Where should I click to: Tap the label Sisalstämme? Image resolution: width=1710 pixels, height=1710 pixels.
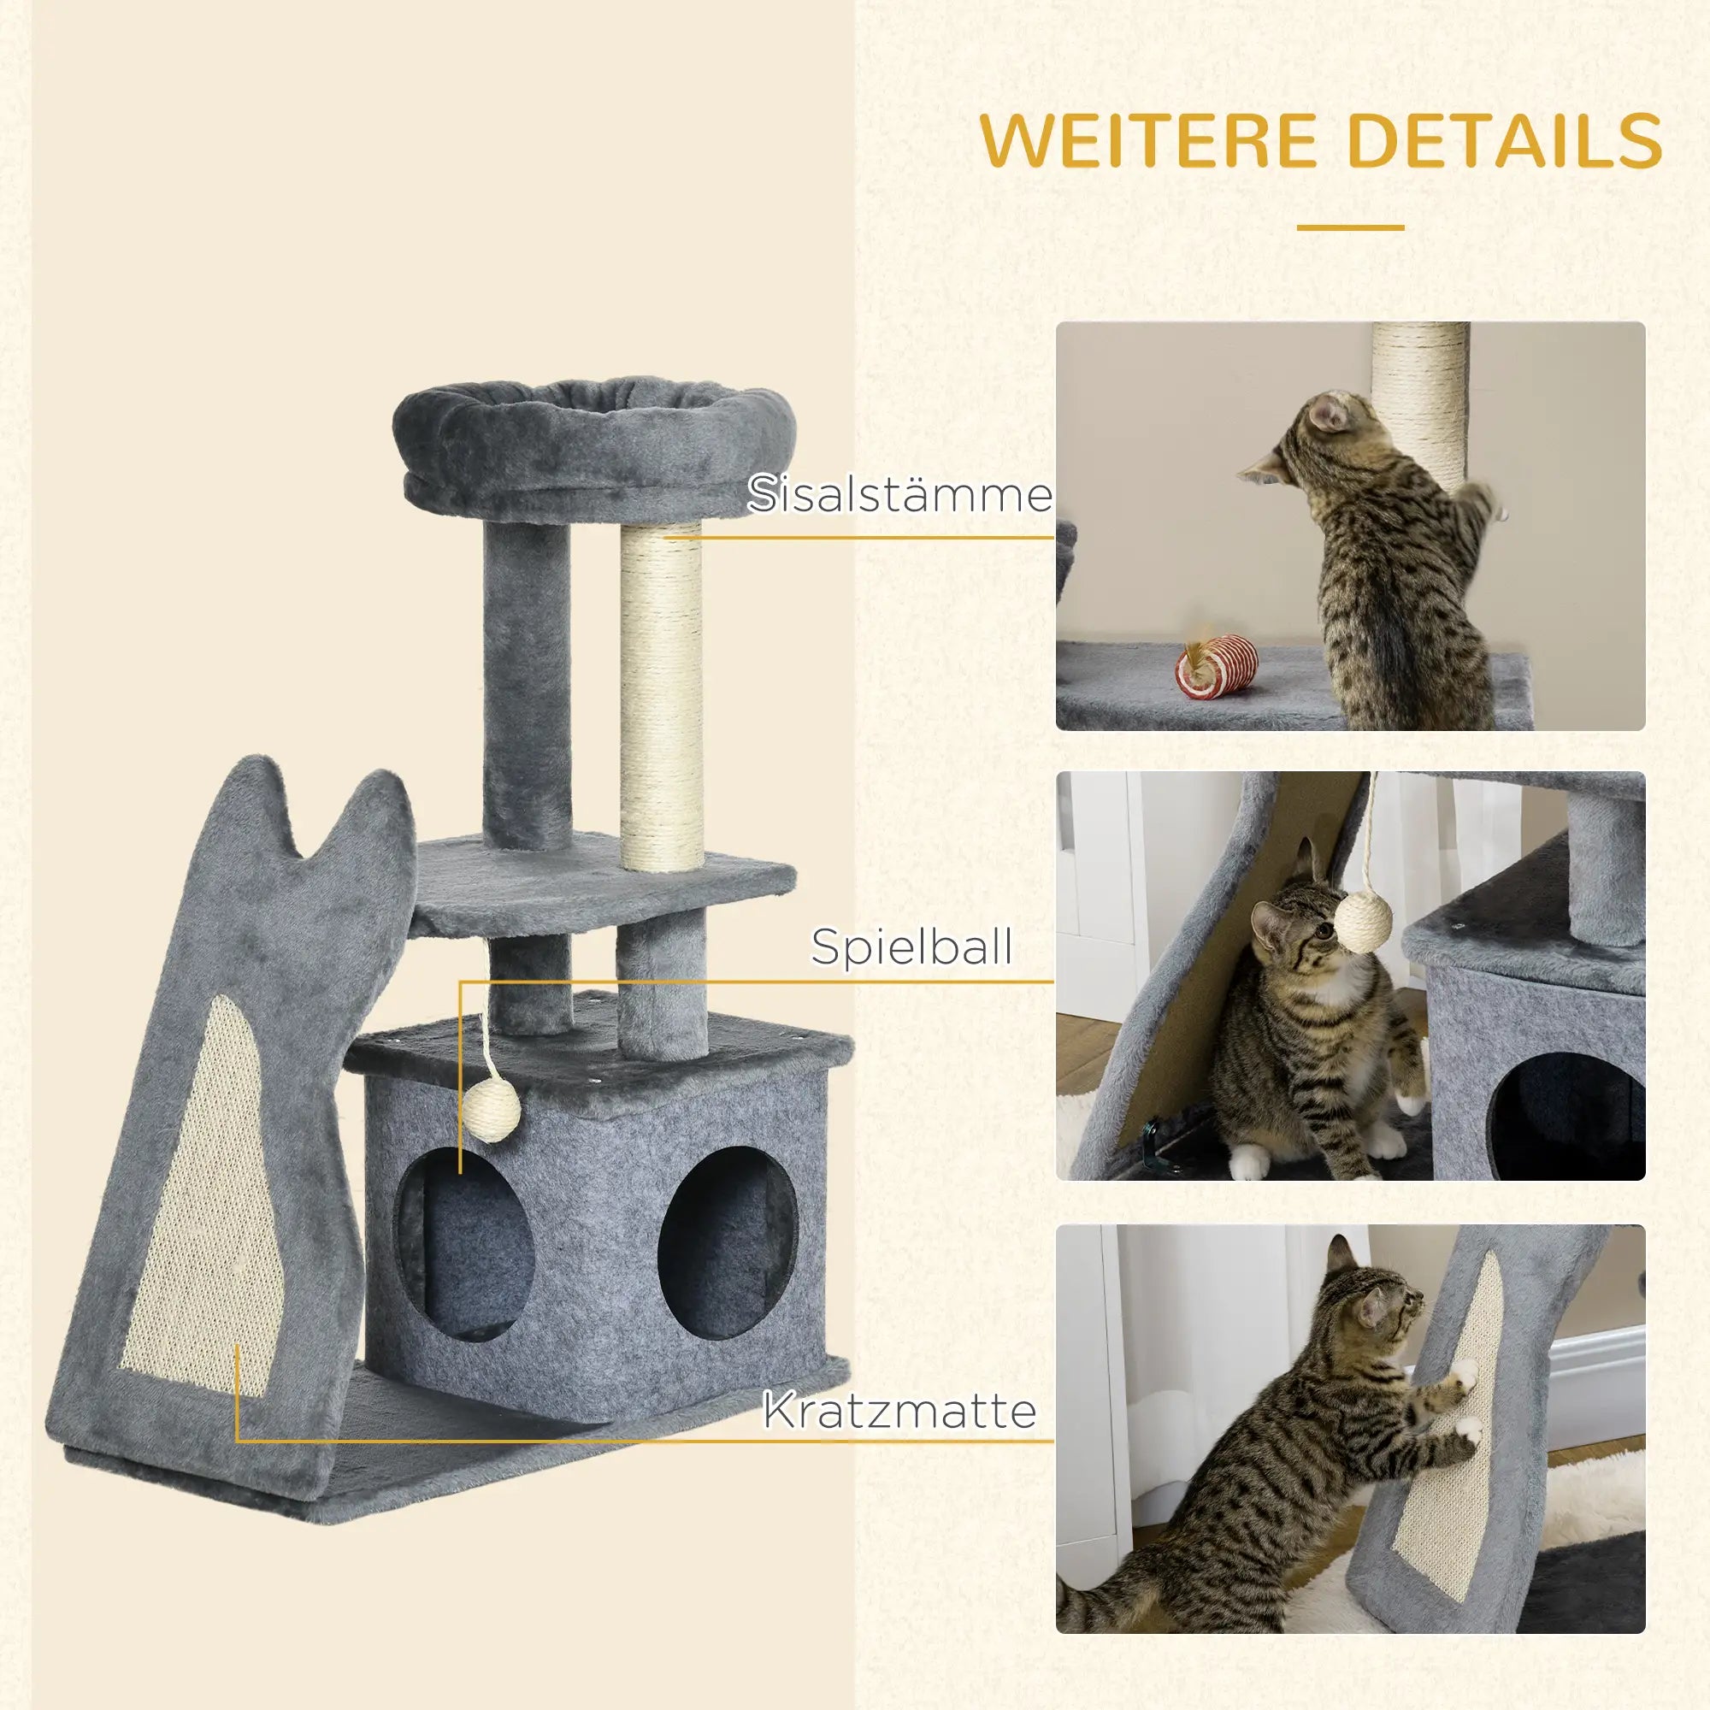pyautogui.click(x=899, y=494)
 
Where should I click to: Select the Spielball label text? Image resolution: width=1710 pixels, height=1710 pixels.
pyautogui.click(x=911, y=947)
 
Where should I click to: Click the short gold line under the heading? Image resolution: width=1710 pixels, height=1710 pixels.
pyautogui.click(x=1350, y=227)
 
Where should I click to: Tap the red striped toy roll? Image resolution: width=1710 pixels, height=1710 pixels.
pyautogui.click(x=1216, y=664)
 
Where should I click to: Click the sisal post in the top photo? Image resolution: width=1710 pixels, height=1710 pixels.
pyautogui.click(x=1418, y=389)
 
